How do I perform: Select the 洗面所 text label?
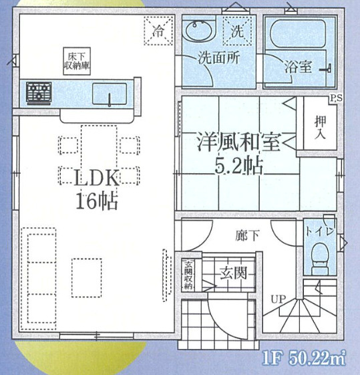218,58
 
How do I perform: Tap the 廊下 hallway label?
246,235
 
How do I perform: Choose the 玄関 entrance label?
231,273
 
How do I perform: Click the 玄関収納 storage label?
188,274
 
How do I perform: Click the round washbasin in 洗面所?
198,31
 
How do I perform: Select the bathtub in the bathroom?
297,35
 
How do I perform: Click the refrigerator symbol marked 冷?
158,31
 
